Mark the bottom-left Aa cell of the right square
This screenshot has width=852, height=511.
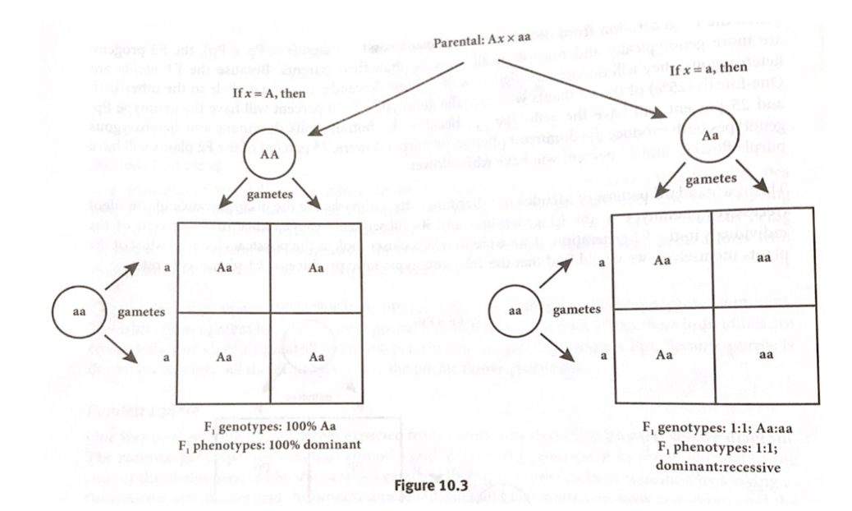coord(664,355)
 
